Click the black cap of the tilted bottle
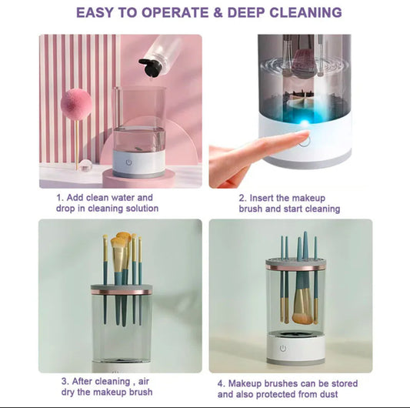(150, 68)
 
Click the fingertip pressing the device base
(298, 138)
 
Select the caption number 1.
(58, 197)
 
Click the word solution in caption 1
(139, 209)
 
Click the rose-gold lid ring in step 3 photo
(122, 291)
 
